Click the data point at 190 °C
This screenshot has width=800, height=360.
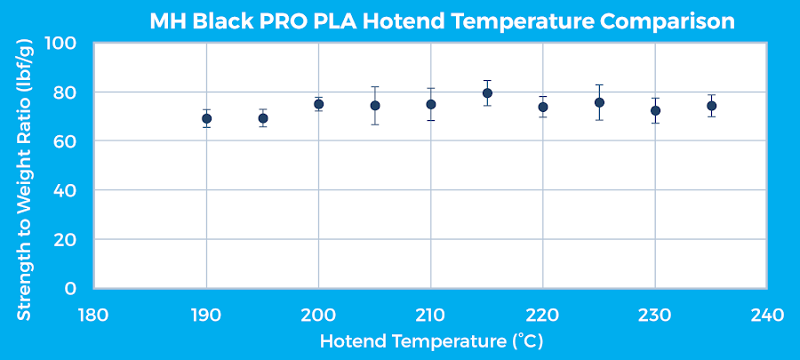(206, 118)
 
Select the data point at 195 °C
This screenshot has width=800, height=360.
(263, 118)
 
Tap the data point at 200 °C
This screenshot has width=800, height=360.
(318, 104)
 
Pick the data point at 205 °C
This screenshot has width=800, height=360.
(375, 106)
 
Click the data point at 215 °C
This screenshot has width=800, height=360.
(487, 93)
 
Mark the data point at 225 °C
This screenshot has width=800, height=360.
(599, 102)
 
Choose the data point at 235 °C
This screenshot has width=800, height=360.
(711, 106)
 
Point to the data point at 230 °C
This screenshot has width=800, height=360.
(655, 111)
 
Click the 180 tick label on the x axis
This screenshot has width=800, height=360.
(93, 315)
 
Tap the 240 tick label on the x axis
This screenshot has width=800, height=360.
(767, 315)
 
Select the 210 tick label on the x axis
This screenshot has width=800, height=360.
(430, 315)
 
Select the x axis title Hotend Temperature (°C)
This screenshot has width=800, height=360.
(430, 341)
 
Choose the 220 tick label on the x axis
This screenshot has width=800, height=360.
(542, 315)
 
